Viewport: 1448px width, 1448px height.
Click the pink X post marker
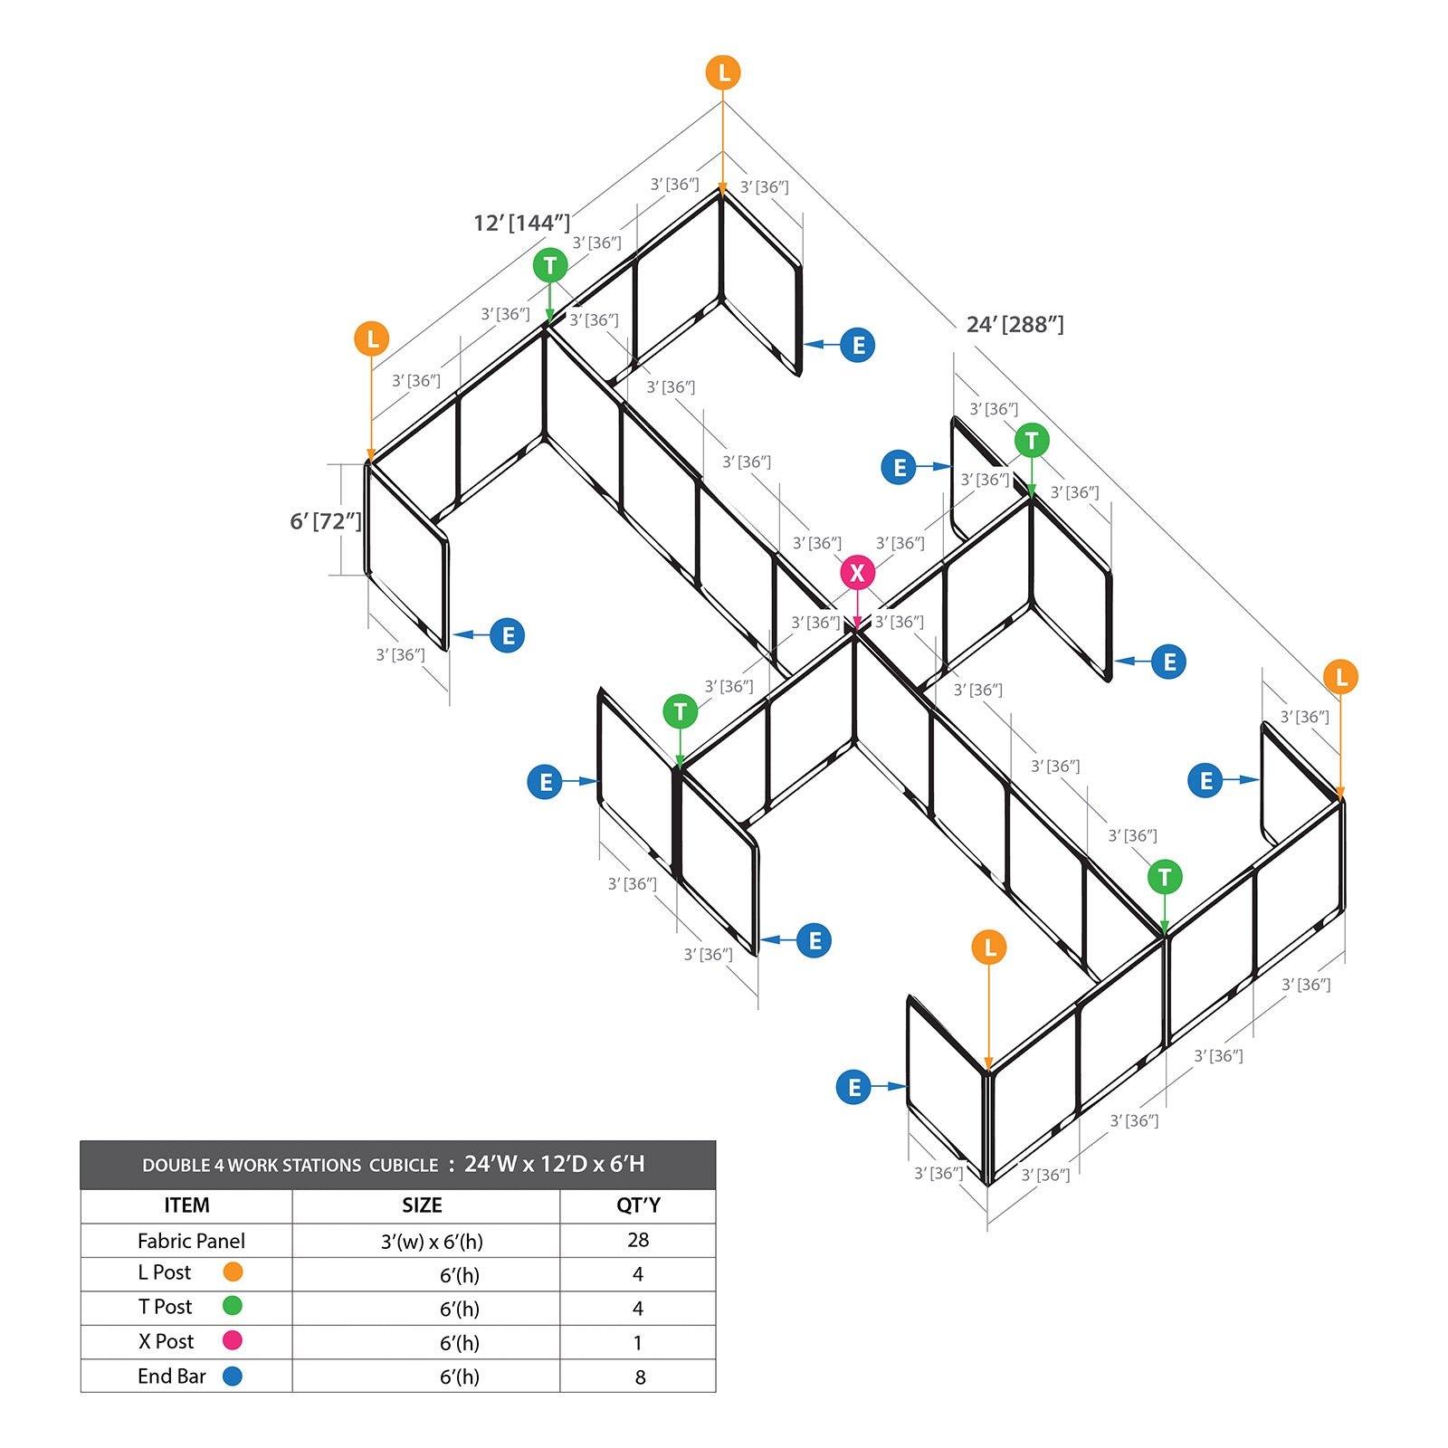[x=857, y=572]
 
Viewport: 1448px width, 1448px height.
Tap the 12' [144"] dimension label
[x=522, y=223]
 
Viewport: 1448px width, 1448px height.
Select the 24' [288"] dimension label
[x=1015, y=324]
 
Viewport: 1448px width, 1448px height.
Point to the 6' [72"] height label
[x=326, y=521]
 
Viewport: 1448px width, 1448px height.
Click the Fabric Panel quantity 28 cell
[x=638, y=1240]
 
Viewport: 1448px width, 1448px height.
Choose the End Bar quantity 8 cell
[x=640, y=1377]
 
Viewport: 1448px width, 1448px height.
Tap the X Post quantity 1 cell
[x=638, y=1343]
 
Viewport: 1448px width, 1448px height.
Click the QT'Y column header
[x=638, y=1205]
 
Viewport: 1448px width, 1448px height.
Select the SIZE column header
[x=422, y=1205]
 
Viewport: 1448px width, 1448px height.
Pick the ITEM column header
[x=186, y=1205]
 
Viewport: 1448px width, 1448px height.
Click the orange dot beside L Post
[x=233, y=1272]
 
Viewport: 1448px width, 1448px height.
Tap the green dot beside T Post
[x=233, y=1306]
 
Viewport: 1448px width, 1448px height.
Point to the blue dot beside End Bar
[x=233, y=1376]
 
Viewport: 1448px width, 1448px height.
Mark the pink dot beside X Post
[x=233, y=1340]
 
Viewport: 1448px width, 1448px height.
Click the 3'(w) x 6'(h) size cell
[x=432, y=1242]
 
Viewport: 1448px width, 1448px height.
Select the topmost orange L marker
[x=723, y=72]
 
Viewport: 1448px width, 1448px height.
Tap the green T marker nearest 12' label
[x=550, y=265]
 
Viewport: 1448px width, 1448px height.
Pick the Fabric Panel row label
[x=191, y=1241]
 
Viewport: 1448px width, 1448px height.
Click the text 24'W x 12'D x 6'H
[x=555, y=1164]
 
